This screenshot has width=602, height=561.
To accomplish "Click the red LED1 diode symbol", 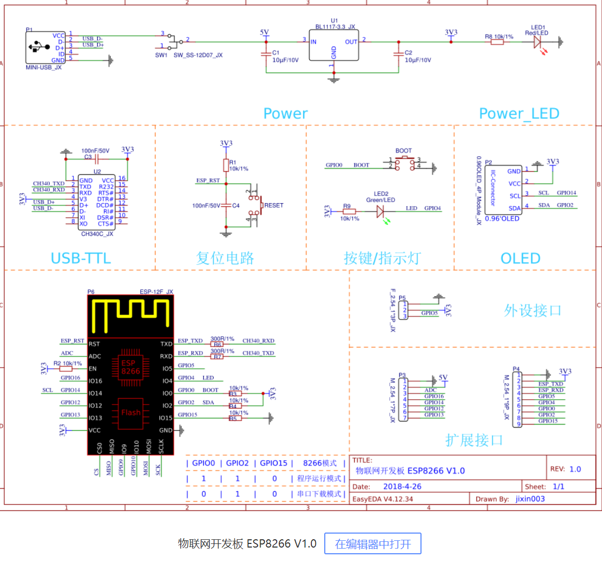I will (x=537, y=42).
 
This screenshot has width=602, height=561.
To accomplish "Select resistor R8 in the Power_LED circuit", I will (x=497, y=42).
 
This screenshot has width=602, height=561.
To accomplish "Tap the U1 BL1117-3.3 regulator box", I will (x=334, y=46).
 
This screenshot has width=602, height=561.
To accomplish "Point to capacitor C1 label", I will (x=276, y=53).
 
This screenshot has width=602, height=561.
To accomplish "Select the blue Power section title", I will (x=285, y=114).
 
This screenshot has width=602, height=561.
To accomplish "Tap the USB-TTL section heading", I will (x=81, y=258).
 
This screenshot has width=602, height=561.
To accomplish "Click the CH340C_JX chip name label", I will (x=97, y=234).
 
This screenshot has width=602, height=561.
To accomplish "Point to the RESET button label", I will (x=274, y=205).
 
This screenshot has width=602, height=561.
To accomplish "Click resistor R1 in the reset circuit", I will (x=226, y=165).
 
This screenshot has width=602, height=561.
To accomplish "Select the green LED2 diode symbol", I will (x=380, y=211).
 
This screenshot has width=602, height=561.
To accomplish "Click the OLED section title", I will (x=520, y=258).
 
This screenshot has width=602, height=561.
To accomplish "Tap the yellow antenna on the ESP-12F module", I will (x=130, y=314).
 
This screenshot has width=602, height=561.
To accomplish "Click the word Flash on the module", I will (x=131, y=413).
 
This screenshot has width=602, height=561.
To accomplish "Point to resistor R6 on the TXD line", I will (x=217, y=344).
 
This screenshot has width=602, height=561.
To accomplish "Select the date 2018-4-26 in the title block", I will (x=402, y=487).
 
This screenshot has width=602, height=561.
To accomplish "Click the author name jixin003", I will (x=530, y=499).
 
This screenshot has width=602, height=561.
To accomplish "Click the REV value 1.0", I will (x=575, y=469).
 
